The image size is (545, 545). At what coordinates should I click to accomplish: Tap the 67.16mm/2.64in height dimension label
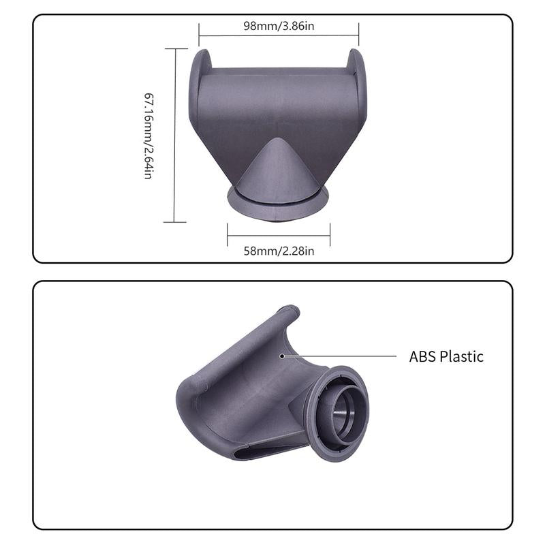point(147,135)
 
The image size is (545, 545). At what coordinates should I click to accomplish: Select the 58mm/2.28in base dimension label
point(279,251)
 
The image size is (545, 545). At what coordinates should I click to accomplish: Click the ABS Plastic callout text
point(446,356)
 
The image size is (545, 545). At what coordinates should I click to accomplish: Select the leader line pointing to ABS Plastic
point(341,355)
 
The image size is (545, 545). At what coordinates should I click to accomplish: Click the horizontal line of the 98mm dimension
point(279,36)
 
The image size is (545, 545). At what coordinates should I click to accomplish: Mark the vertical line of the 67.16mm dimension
point(175,135)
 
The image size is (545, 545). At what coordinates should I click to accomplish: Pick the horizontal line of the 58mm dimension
point(279,235)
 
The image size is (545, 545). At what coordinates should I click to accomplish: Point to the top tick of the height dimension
point(175,48)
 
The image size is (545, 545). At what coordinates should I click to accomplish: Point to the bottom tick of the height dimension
point(175,221)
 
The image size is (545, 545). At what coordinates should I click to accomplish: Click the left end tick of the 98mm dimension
point(199,34)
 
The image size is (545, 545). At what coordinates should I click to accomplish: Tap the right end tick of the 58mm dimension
point(330,235)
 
